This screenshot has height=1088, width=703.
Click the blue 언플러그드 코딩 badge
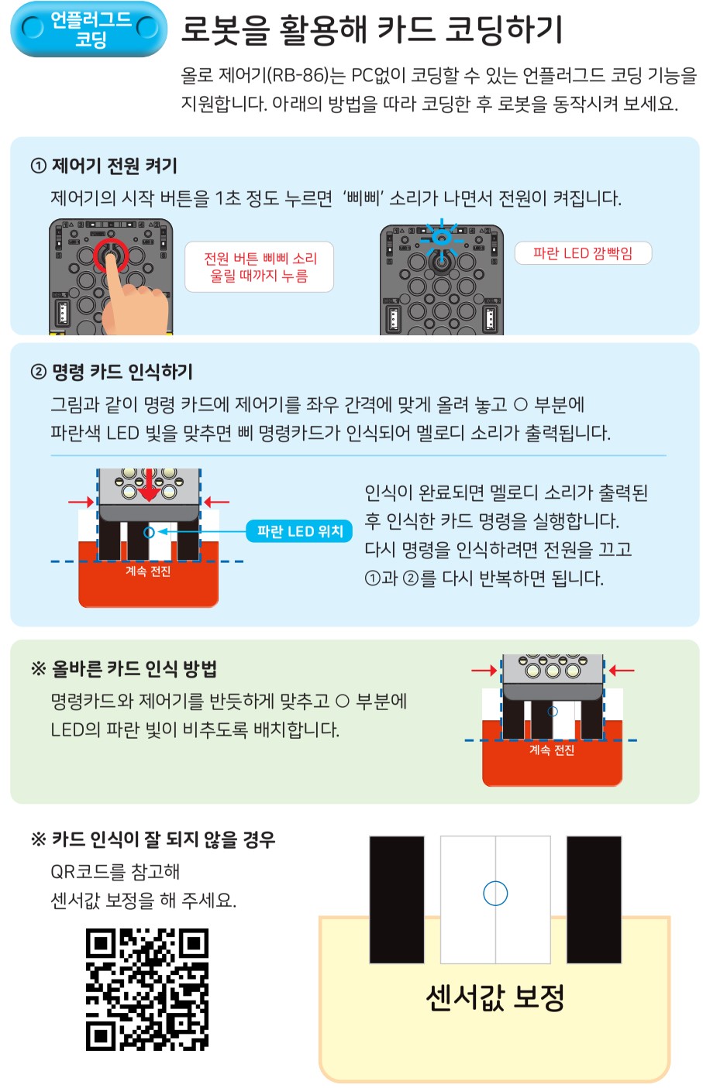[88, 29]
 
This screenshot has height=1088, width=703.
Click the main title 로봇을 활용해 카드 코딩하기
[372, 29]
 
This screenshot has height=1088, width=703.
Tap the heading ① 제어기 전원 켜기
[104, 166]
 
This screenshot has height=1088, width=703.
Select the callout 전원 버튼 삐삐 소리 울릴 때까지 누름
[259, 266]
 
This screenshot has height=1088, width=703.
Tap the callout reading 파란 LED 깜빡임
[583, 253]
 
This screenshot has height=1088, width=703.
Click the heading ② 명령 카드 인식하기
[112, 372]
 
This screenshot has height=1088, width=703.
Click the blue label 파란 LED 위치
[299, 531]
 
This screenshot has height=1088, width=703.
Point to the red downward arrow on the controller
[149, 485]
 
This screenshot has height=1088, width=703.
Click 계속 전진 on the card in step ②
[148, 571]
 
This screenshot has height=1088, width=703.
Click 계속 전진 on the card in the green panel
[552, 750]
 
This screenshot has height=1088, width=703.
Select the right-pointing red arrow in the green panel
[484, 671]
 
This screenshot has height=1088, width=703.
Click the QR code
[147, 990]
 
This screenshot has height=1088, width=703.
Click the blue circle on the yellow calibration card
[495, 893]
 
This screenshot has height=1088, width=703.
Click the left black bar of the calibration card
[397, 899]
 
